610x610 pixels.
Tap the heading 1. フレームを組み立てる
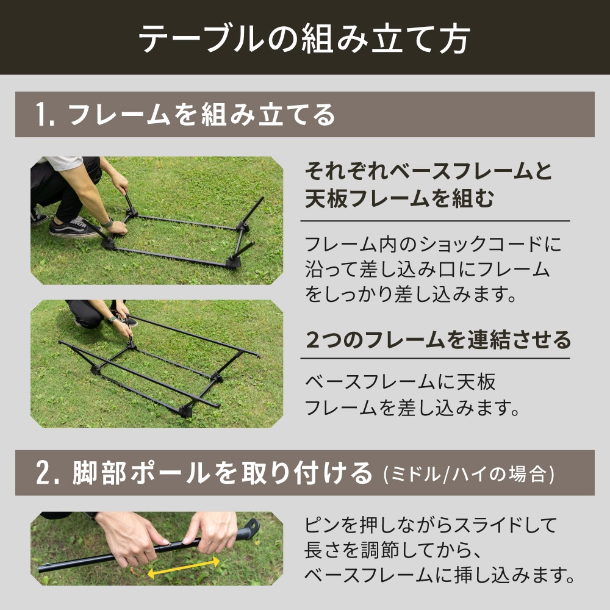coord(186,115)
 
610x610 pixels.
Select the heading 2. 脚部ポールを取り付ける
coord(204,473)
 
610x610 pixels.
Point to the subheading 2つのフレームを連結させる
coord(438,339)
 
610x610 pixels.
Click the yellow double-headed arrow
coord(184,567)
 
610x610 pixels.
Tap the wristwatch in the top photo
coord(108,222)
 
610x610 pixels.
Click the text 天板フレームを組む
coord(399,199)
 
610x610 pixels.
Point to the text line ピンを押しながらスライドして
coord(431,525)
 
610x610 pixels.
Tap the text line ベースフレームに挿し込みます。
coord(439,575)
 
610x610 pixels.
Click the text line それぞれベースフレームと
coord(428,172)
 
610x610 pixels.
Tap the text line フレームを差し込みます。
coord(412,407)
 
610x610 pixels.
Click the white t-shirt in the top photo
coord(61,163)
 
